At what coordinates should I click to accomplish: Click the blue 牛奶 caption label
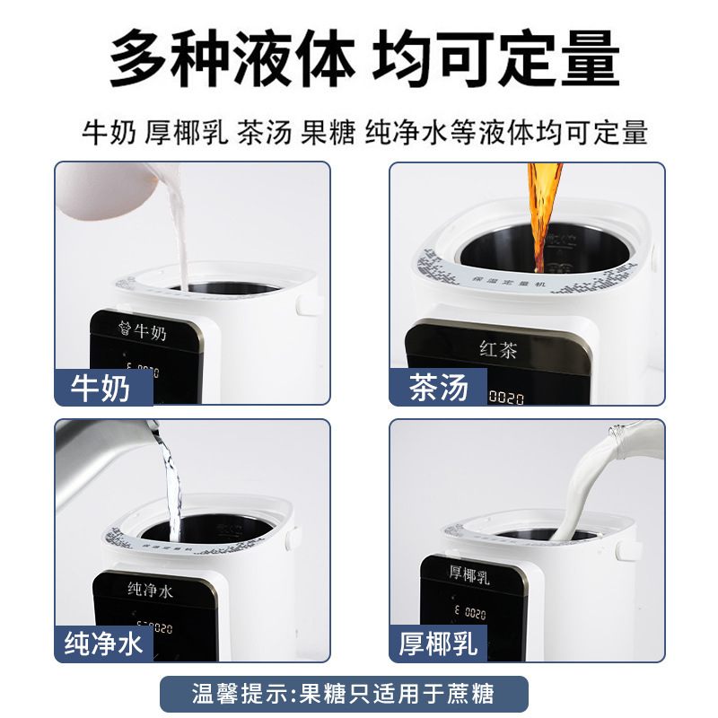[101, 388]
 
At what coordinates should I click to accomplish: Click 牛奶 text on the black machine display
[149, 331]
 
